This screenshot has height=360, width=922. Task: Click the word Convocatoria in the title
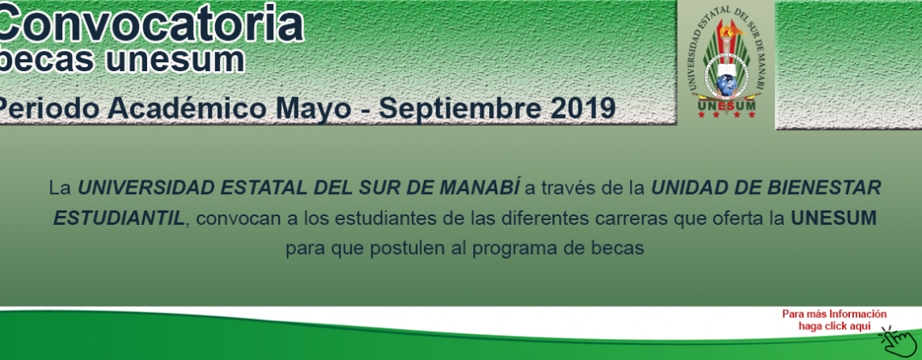tap(150, 23)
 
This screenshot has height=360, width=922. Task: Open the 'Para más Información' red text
tap(834, 314)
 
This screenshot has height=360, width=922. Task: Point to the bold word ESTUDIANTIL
tap(118, 218)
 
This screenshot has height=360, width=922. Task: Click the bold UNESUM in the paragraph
tap(833, 218)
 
